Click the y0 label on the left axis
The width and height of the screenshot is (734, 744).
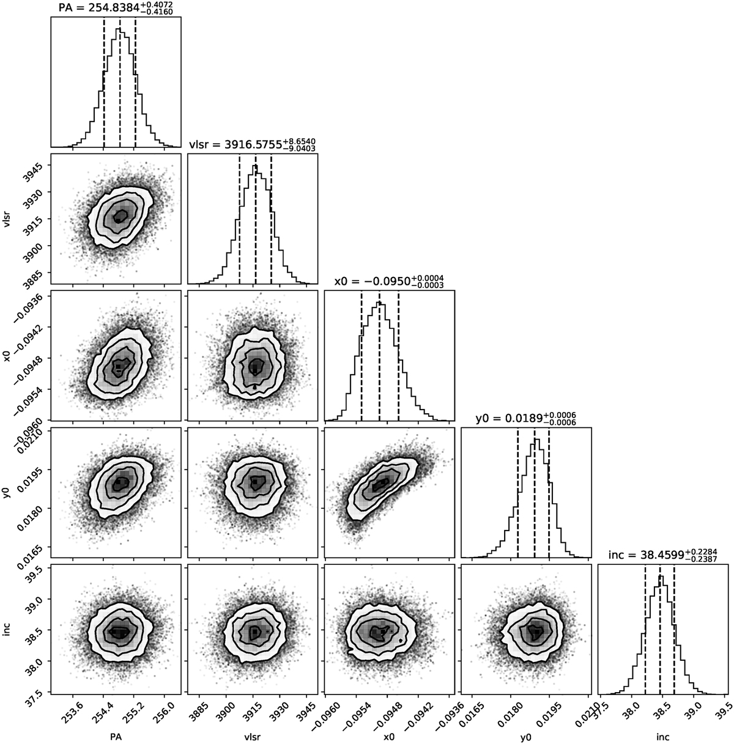coord(7,492)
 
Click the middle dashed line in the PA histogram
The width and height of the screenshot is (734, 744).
coord(120,79)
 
